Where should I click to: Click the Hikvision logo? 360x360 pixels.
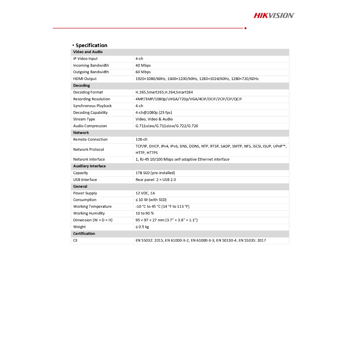[274, 15]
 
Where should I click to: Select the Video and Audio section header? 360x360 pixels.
[88, 52]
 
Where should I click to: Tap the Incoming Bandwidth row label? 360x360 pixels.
[91, 65]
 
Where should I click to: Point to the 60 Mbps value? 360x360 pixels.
[143, 72]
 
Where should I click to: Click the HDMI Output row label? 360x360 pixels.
[85, 79]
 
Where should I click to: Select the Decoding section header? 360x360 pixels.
[82, 85]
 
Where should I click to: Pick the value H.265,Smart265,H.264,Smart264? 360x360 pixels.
[164, 92]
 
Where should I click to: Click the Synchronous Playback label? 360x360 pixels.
[92, 106]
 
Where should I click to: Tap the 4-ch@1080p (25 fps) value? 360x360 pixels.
[154, 112]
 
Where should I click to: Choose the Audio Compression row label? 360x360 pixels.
[90, 126]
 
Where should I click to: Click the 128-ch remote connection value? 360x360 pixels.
[141, 140]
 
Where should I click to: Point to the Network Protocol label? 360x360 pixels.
[89, 149]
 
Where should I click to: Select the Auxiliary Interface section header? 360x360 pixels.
[89, 166]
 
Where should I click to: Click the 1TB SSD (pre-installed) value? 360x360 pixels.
[155, 173]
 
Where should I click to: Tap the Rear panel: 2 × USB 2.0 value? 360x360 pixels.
[156, 180]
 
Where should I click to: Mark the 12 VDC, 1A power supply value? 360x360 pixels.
[145, 193]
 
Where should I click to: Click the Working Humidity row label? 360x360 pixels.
[89, 213]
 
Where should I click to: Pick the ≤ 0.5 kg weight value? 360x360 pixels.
[142, 227]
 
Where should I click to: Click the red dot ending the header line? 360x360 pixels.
[245, 28]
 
